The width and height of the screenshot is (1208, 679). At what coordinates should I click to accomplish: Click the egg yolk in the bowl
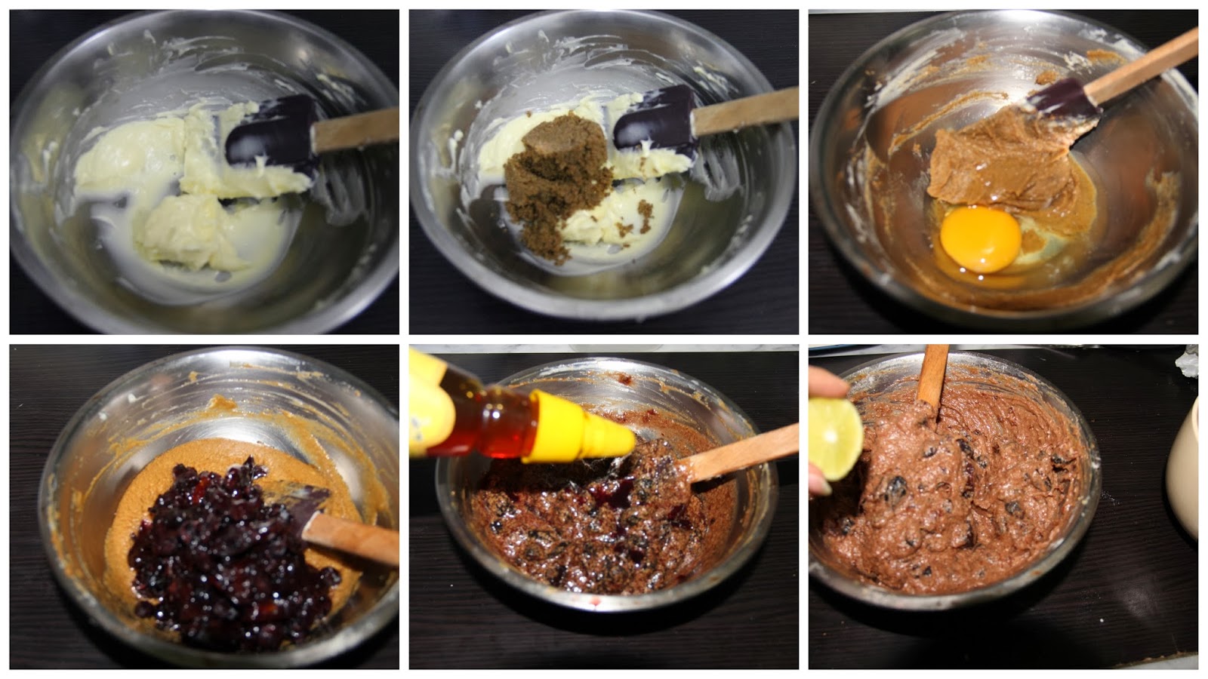click(x=980, y=239)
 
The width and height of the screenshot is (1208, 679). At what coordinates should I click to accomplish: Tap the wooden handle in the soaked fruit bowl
click(x=351, y=540)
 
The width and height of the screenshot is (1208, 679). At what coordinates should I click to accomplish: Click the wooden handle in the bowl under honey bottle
click(x=740, y=453)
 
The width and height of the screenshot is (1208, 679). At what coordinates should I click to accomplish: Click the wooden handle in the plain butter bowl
click(x=355, y=131)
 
